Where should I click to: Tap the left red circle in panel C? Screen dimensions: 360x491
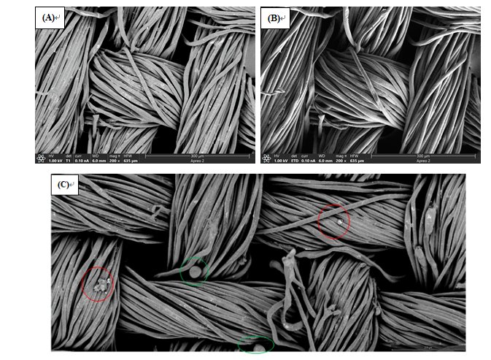(98, 283)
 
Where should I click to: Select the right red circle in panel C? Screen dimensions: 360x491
(333, 221)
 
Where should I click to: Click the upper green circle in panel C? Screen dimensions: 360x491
(195, 272)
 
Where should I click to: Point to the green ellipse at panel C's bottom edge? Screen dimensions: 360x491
(256, 345)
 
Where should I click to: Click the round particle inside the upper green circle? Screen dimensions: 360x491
(196, 273)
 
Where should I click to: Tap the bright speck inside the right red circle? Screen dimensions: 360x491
(338, 219)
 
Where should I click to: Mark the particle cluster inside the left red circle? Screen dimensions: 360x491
(101, 282)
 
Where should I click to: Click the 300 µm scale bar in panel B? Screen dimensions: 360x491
(423, 156)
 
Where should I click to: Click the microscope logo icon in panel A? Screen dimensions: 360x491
(41, 158)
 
